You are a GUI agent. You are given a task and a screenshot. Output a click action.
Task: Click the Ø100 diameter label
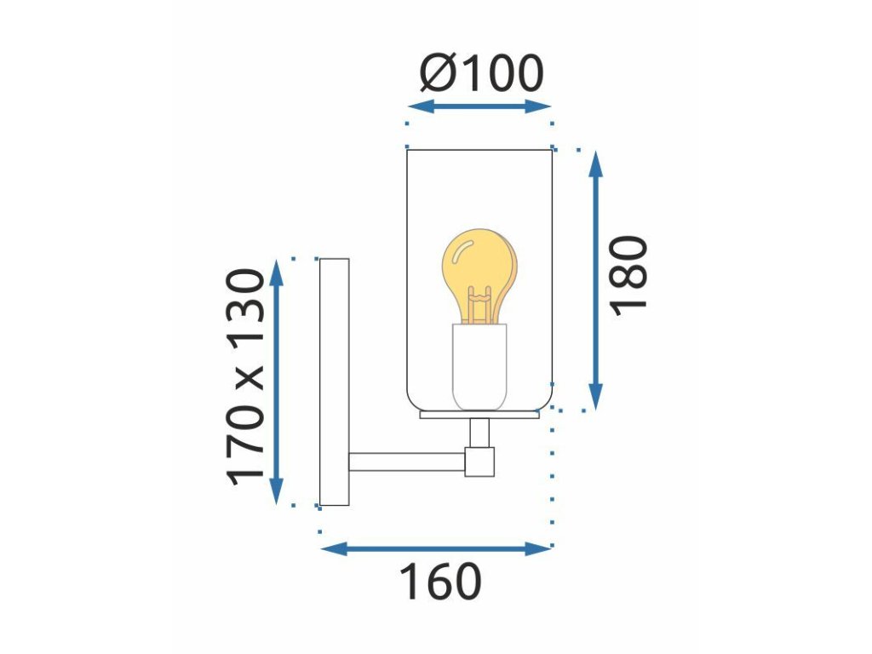pyautogui.click(x=481, y=75)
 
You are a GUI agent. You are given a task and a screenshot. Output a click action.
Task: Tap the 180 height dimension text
pyautogui.click(x=630, y=275)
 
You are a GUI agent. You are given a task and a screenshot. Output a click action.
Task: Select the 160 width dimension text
pyautogui.click(x=440, y=582)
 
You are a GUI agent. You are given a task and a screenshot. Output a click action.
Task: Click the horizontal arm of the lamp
pyautogui.click(x=406, y=462)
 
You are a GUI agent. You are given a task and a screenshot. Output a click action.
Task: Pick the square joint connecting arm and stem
pyautogui.click(x=479, y=461)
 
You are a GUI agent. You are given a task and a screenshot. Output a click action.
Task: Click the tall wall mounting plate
pyautogui.click(x=334, y=381)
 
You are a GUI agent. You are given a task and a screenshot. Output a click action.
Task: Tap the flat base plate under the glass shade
pyautogui.click(x=479, y=415)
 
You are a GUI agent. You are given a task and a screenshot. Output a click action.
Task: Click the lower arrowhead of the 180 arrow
pyautogui.click(x=596, y=399)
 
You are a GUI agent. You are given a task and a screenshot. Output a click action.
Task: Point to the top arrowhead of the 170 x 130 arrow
pyautogui.click(x=276, y=270)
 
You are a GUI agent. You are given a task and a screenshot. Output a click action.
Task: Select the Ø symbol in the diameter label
pyautogui.click(x=437, y=75)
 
